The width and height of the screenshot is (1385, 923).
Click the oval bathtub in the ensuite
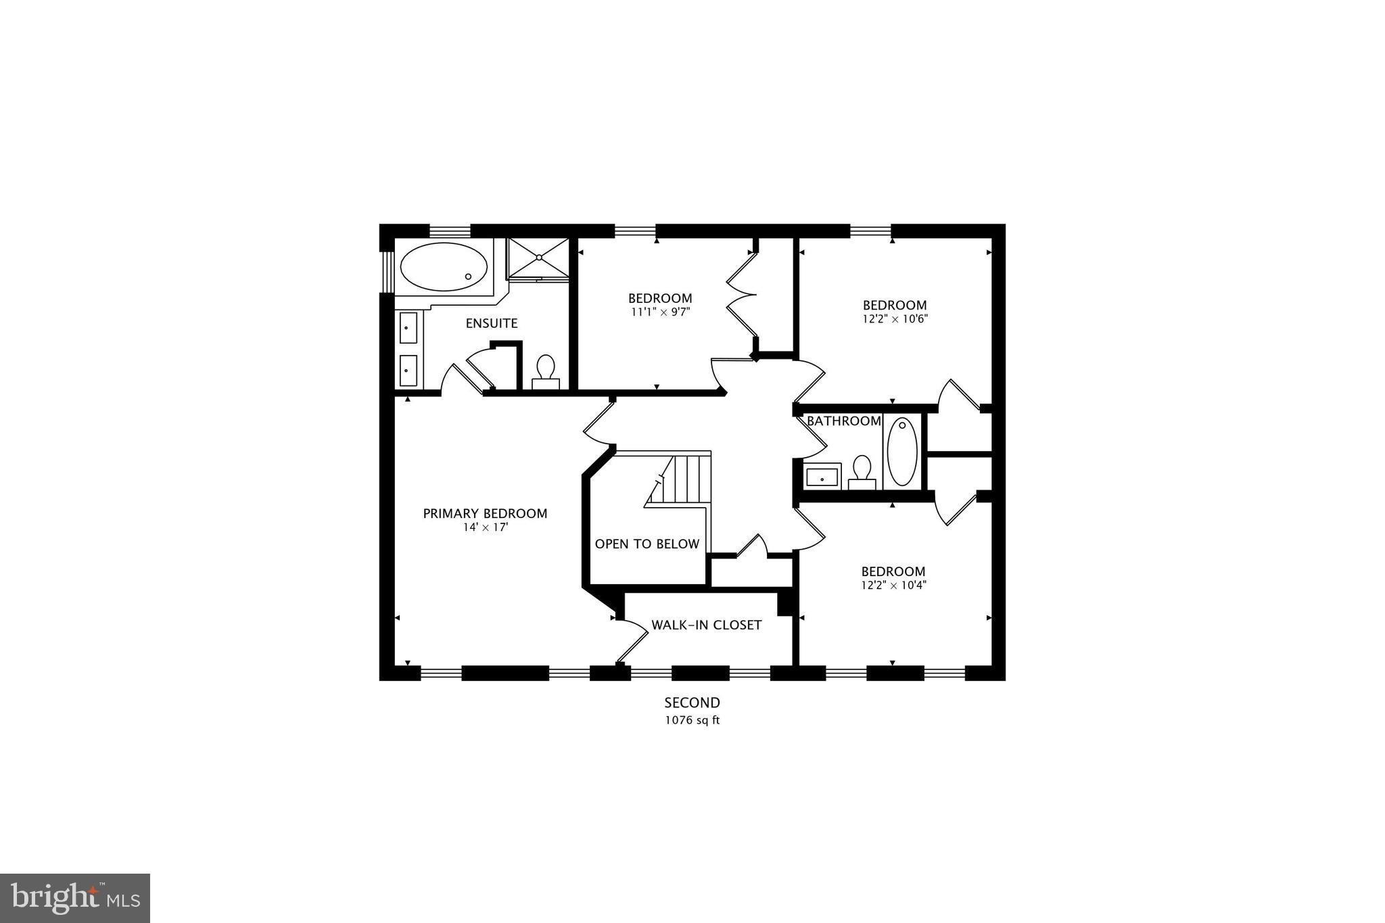click(x=443, y=267)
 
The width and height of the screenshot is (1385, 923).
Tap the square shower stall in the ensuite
click(x=538, y=258)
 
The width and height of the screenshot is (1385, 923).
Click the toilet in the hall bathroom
click(x=862, y=471)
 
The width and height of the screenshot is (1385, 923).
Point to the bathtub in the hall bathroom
click(x=901, y=451)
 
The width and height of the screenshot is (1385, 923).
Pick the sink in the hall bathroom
click(x=822, y=477)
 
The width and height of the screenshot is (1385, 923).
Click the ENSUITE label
click(x=492, y=323)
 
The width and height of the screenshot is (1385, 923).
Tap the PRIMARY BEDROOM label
click(x=485, y=513)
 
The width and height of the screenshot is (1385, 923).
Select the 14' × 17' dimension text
click(x=485, y=527)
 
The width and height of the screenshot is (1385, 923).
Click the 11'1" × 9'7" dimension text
click(x=660, y=312)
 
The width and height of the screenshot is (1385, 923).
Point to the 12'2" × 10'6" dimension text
click(x=894, y=318)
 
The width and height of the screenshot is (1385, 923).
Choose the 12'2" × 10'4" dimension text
click(x=893, y=585)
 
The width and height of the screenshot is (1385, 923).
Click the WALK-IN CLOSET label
click(x=706, y=625)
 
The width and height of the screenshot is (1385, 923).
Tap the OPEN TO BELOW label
click(x=647, y=544)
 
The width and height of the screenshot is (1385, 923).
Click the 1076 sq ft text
click(x=692, y=720)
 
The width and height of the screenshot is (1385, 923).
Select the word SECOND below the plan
click(x=692, y=703)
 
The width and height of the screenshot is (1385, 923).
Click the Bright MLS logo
click(x=75, y=898)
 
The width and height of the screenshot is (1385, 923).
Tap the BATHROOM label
click(x=843, y=421)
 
